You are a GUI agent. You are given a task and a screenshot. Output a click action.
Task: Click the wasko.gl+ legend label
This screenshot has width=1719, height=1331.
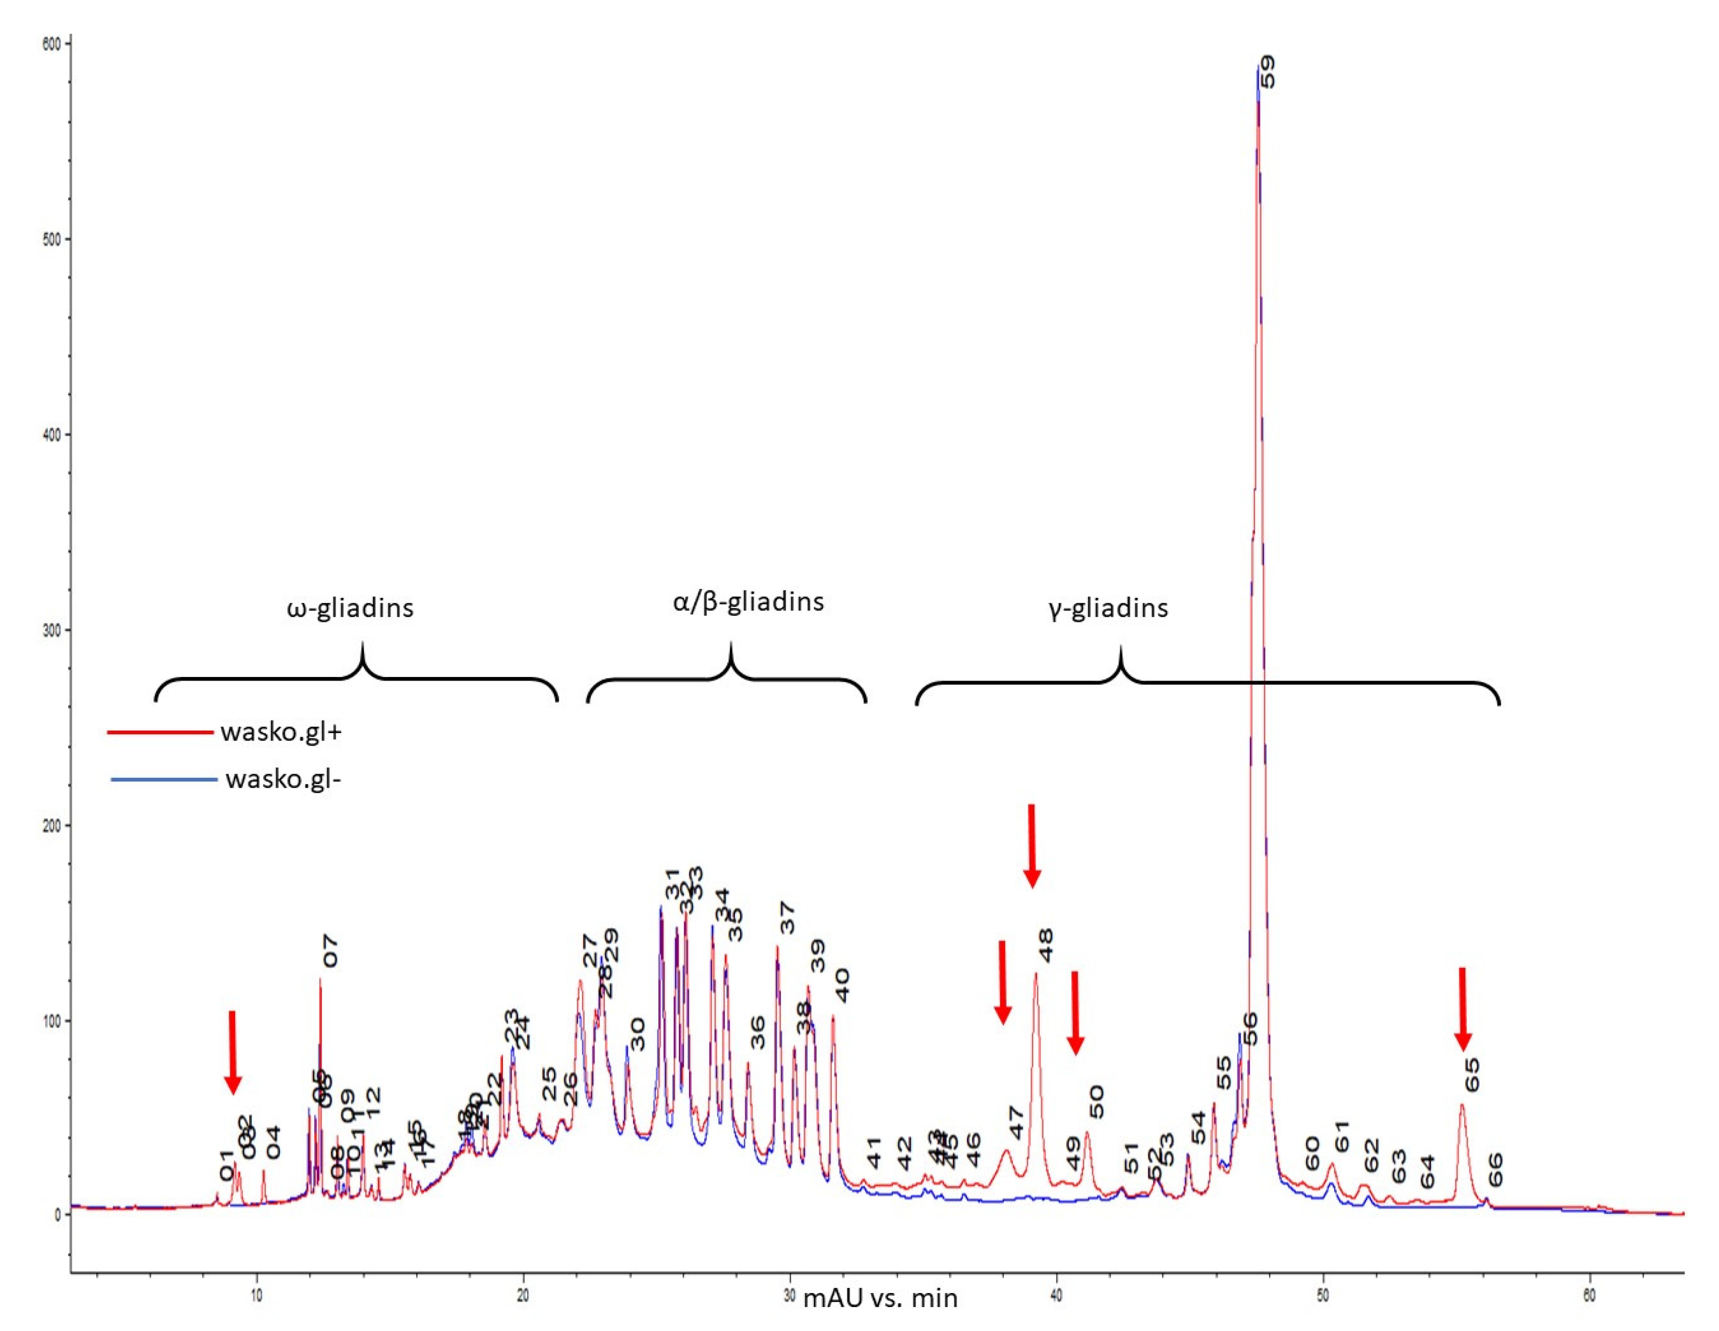point(281,733)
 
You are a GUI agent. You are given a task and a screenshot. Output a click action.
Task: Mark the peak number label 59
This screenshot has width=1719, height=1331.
point(1267,72)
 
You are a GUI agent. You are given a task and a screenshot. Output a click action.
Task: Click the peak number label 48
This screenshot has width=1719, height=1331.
point(1045,945)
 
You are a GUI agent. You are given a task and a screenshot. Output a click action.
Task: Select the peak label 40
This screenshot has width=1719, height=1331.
point(842,986)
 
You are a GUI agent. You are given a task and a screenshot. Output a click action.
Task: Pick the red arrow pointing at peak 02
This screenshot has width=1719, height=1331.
point(232,1052)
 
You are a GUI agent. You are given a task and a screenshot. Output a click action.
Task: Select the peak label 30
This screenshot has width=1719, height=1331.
point(638,1034)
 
